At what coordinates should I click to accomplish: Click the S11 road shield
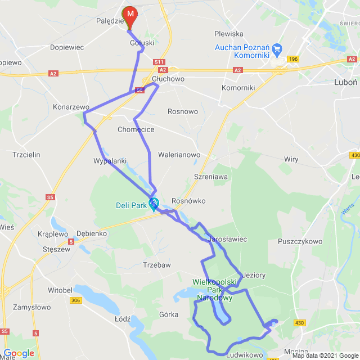point(159,62)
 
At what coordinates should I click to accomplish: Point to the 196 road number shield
point(292,58)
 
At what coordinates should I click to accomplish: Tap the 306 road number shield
point(76,300)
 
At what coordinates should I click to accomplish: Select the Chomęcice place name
point(136,129)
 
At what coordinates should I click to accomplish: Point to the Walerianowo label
point(179,154)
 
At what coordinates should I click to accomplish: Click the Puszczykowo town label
point(300,241)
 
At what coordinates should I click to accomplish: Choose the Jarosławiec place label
point(228,239)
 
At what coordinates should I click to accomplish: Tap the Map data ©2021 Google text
point(325,355)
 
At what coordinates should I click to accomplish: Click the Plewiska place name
point(228,34)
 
